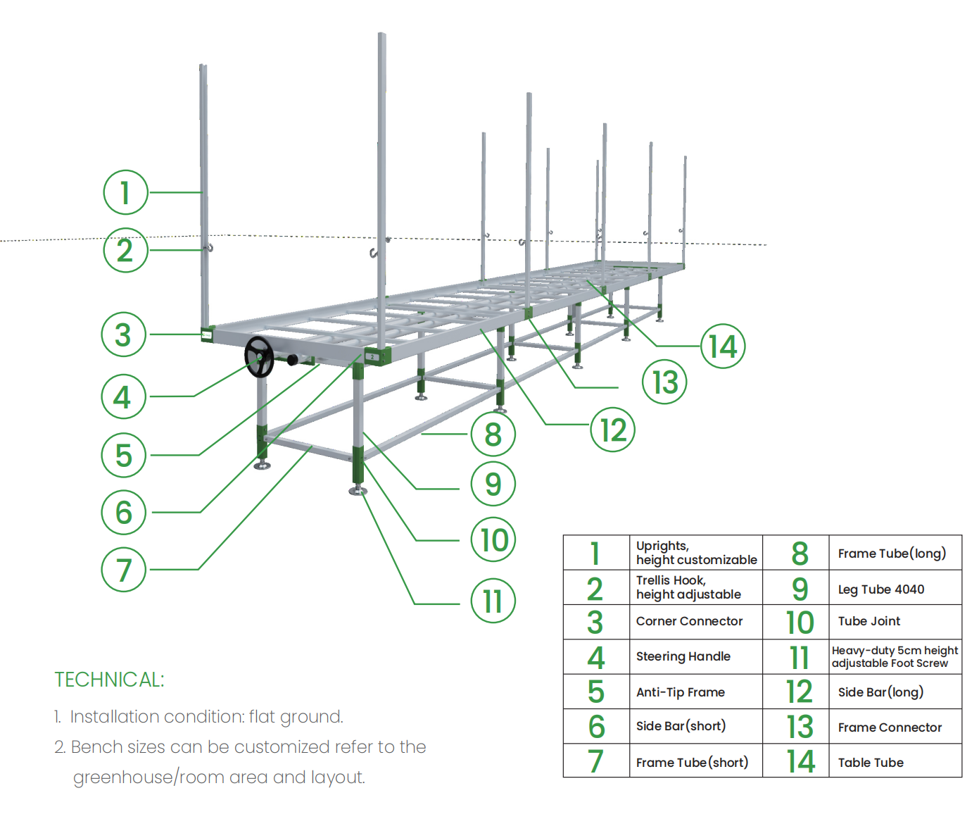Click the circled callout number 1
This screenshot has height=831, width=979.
[125, 192]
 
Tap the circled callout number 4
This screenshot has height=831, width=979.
[123, 397]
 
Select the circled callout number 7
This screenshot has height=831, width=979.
[123, 570]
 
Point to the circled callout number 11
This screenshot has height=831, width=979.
[493, 601]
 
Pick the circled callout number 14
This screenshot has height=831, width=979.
[723, 346]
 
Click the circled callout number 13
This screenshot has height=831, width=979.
[664, 382]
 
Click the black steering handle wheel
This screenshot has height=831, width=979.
[259, 357]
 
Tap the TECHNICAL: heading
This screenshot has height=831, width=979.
[109, 680]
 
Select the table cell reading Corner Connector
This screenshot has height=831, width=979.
[689, 621]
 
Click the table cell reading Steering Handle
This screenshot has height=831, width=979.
[683, 656]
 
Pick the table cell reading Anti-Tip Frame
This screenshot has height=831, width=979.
[680, 692]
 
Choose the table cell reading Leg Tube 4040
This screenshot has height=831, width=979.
[880, 589]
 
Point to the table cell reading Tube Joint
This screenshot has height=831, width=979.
[869, 621]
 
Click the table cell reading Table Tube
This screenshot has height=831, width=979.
[870, 763]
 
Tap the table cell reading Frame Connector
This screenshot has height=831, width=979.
[889, 727]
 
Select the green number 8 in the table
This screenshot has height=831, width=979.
[800, 554]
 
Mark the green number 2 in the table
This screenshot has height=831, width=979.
[595, 589]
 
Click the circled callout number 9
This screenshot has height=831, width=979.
[493, 484]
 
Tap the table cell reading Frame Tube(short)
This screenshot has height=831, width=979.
[692, 763]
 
